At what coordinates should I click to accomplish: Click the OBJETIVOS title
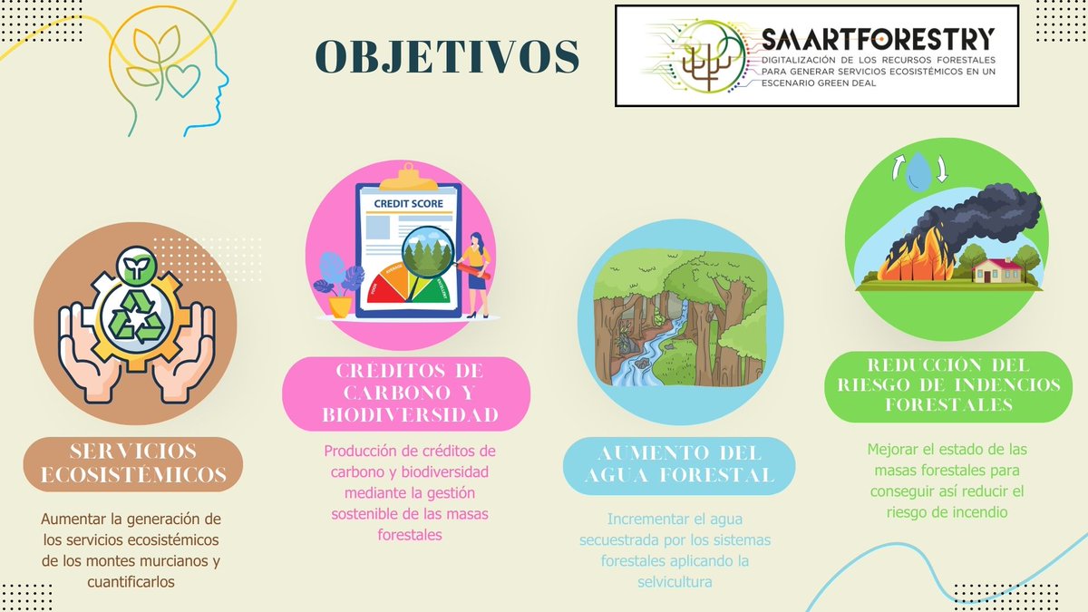[x=447, y=56]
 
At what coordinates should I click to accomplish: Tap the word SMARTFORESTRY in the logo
[x=878, y=38]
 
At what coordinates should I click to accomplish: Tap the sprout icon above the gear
[x=136, y=264]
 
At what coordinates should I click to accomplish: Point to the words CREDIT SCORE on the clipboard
[x=408, y=203]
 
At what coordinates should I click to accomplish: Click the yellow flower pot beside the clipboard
[x=341, y=306]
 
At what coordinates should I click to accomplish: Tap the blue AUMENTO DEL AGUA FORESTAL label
[x=680, y=463]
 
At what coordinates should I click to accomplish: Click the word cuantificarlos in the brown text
[x=131, y=581]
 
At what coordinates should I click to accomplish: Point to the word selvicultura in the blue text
[x=675, y=581]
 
